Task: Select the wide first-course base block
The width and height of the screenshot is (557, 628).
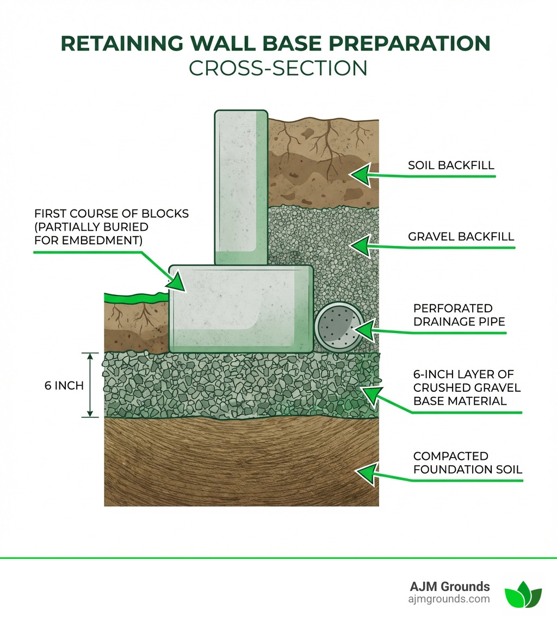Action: click(240, 309)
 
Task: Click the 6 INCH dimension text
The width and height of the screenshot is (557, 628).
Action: click(64, 385)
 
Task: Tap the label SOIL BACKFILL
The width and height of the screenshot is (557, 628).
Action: click(451, 165)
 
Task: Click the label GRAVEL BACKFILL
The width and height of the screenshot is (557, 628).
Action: click(461, 237)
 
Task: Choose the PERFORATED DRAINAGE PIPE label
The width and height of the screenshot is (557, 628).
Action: click(459, 315)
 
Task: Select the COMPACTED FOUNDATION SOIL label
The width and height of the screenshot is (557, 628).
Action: click(467, 462)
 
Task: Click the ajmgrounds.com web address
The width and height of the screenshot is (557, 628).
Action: click(449, 599)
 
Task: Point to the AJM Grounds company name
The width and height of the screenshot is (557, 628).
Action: click(449, 587)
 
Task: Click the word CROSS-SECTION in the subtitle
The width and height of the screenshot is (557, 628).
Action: click(278, 68)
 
